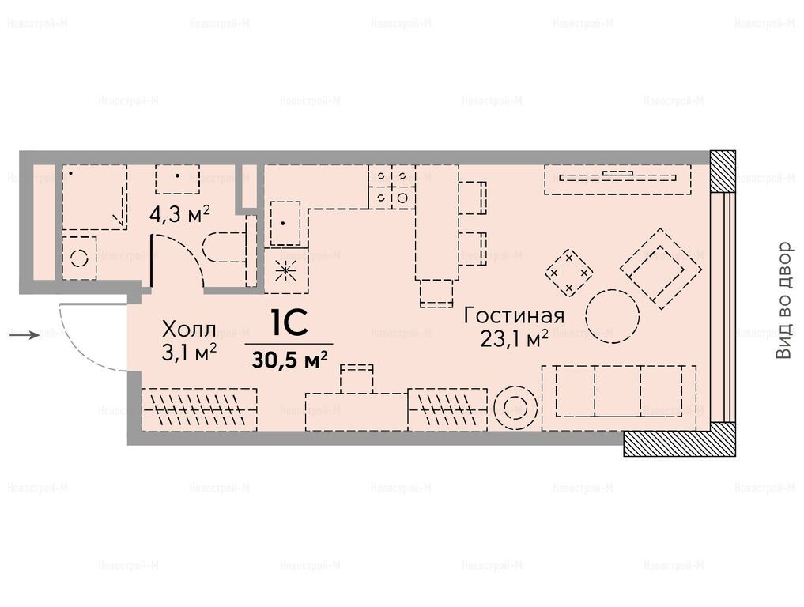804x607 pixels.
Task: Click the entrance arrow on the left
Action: click(x=25, y=335)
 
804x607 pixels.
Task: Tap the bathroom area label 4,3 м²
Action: click(x=179, y=213)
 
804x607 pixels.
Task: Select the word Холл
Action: click(x=189, y=330)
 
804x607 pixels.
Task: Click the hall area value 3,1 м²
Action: click(x=189, y=353)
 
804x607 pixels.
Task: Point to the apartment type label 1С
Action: click(x=289, y=323)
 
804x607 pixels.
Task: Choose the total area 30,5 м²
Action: click(x=289, y=360)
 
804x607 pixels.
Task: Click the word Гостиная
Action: click(x=514, y=316)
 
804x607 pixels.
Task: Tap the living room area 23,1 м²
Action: click(x=515, y=339)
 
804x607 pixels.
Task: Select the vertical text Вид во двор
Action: click(x=783, y=300)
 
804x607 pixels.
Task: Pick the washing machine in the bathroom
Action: click(x=79, y=258)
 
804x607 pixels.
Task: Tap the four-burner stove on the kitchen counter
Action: click(x=392, y=187)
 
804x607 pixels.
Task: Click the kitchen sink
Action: click(x=285, y=223)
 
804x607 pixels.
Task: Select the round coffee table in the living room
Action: click(x=612, y=316)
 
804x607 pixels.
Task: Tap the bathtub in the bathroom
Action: click(x=95, y=197)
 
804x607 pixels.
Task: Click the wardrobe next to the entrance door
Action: click(x=199, y=409)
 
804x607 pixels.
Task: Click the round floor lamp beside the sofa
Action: click(x=514, y=409)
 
